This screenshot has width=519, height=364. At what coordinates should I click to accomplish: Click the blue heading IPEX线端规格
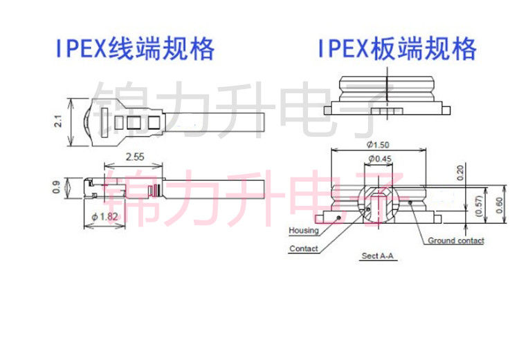[x=135, y=48]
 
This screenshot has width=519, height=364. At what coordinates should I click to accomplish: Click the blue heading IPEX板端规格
[x=397, y=48]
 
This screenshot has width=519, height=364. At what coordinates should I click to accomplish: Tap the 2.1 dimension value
[x=58, y=122]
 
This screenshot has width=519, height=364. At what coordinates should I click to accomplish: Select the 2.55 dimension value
[x=135, y=157]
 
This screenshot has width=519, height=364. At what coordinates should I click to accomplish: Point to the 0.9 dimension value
[x=56, y=187]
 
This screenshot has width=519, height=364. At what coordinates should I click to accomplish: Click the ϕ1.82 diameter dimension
[x=104, y=217]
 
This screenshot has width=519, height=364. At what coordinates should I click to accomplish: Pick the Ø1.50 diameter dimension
[x=378, y=144]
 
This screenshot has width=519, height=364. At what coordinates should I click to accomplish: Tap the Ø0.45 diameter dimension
[x=380, y=159]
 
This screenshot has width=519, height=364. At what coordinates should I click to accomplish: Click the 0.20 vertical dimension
[x=460, y=173]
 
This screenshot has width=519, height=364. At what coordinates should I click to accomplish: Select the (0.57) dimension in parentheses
[x=478, y=206]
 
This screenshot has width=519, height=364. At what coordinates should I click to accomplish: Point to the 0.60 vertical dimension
[x=499, y=205]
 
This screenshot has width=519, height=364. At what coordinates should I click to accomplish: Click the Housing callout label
[x=304, y=230]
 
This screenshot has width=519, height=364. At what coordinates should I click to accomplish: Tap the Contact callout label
[x=304, y=249]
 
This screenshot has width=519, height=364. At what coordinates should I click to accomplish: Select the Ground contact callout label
[x=456, y=240]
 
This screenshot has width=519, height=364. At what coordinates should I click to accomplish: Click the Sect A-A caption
[x=378, y=256]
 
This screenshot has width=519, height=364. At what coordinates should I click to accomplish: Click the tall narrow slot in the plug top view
[x=104, y=122]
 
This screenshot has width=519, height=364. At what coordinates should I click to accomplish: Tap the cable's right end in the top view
[x=264, y=122]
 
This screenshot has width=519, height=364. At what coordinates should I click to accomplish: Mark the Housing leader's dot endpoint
[x=338, y=218]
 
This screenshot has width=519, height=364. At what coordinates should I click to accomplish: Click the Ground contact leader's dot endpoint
[x=410, y=202]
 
